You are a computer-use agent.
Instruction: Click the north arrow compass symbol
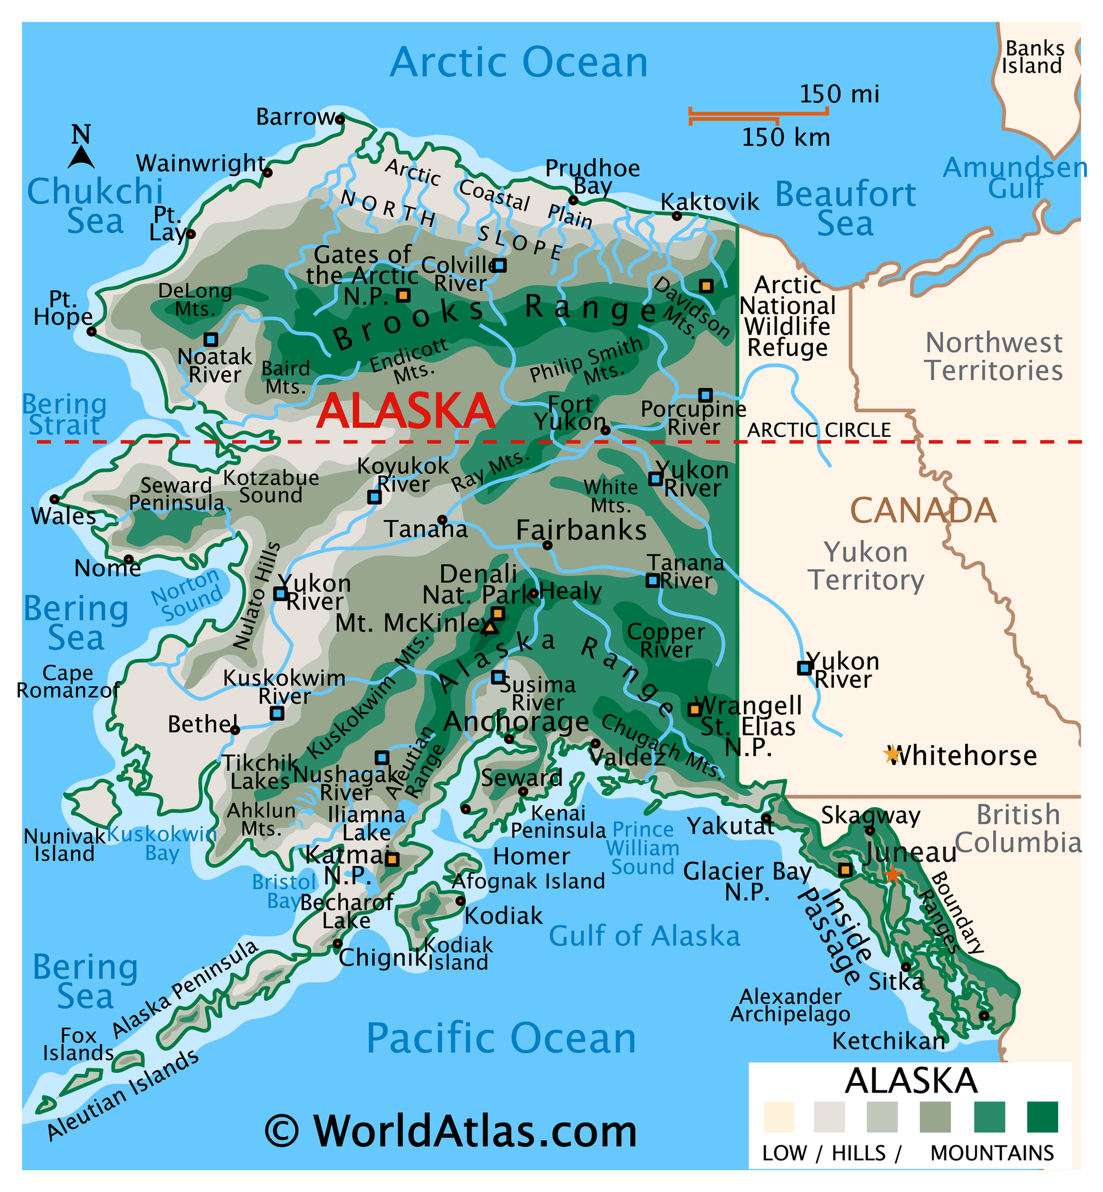coord(81,148)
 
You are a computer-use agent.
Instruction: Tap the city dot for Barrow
coord(340,119)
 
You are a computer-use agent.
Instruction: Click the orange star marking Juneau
coord(892,875)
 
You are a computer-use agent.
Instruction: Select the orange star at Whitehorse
coord(892,754)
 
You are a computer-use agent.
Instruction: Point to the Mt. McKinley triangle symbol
coord(490,628)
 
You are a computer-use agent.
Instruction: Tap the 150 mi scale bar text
coord(839,94)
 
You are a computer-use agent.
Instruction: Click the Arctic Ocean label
coord(519,62)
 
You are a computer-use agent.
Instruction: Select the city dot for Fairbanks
coord(547,545)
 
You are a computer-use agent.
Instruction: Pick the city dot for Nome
coord(128,560)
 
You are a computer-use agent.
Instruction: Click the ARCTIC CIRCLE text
coord(819,430)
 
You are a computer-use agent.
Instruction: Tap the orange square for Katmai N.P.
coord(392,859)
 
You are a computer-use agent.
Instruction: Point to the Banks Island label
coord(1033,57)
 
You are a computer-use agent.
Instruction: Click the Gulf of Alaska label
coord(644,935)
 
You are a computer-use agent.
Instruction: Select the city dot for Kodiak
coord(460,901)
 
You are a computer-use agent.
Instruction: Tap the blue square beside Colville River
coord(500,265)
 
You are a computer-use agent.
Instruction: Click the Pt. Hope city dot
coord(91,331)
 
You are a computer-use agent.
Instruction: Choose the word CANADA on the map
coord(923,510)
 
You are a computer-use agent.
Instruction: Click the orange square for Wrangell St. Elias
coord(694,709)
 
